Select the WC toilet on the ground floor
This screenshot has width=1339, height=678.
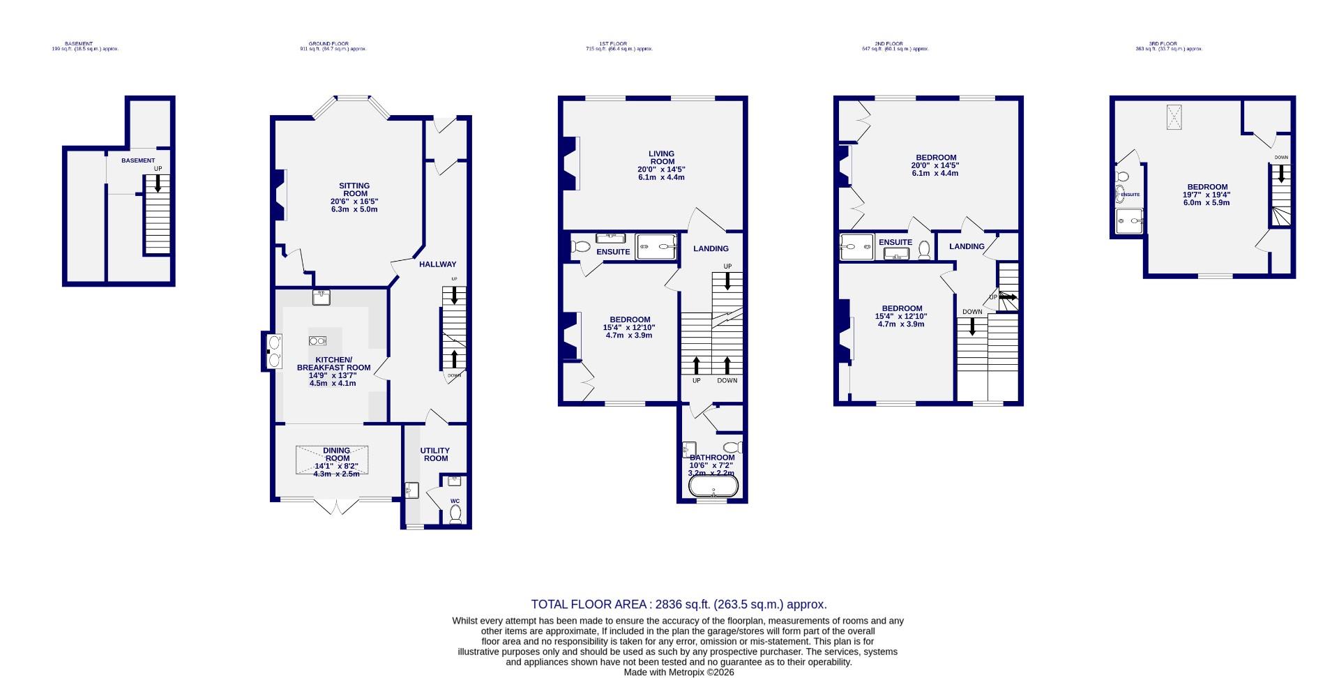pyautogui.click(x=455, y=514)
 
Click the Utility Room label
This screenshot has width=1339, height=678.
pyautogui.click(x=434, y=454)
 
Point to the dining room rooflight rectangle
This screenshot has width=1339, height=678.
pyautogui.click(x=332, y=460)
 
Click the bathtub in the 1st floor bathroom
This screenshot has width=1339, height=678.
pyautogui.click(x=713, y=486)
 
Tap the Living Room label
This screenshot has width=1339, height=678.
pyautogui.click(x=661, y=158)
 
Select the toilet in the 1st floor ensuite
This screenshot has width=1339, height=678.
pyautogui.click(x=580, y=246)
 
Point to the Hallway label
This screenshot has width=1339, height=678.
pyautogui.click(x=437, y=264)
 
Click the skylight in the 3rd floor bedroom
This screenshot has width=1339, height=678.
pyautogui.click(x=1175, y=116)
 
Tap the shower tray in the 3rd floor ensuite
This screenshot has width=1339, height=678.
pyautogui.click(x=1128, y=220)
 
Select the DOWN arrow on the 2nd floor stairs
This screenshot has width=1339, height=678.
pyautogui.click(x=972, y=326)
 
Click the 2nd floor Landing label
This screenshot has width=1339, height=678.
pyautogui.click(x=967, y=246)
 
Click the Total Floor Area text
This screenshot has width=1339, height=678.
pyautogui.click(x=679, y=605)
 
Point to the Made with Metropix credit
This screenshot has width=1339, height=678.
pyautogui.click(x=679, y=672)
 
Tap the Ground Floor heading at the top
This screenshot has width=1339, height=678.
pyautogui.click(x=328, y=43)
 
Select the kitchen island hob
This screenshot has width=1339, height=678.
pyautogui.click(x=317, y=340)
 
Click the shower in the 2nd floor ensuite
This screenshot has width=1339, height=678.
pyautogui.click(x=856, y=246)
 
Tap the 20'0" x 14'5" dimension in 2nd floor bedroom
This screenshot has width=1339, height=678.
pyautogui.click(x=935, y=165)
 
